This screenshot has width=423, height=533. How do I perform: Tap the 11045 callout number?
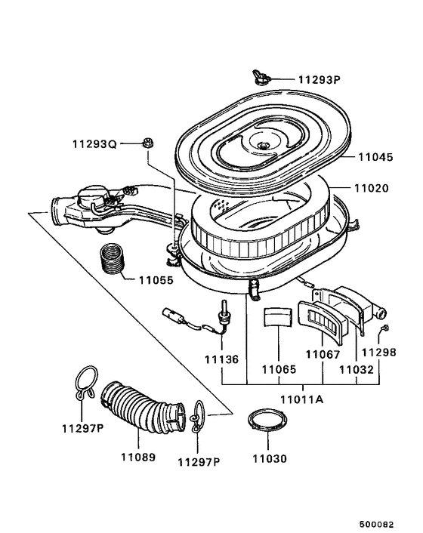pyautogui.click(x=375, y=157)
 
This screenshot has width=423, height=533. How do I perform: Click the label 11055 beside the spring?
pyautogui.click(x=156, y=279)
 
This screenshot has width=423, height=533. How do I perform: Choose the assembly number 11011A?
pyautogui.click(x=302, y=399)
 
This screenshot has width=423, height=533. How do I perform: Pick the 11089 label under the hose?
pyautogui.click(x=138, y=457)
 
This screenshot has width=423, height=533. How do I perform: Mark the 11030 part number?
pyautogui.click(x=270, y=458)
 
